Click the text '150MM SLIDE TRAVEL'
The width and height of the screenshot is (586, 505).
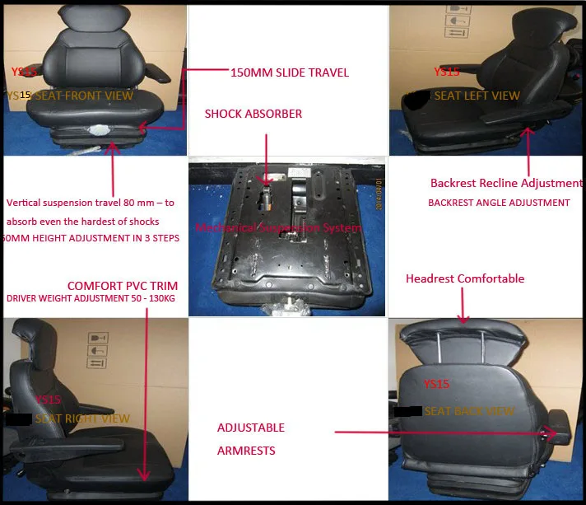290,72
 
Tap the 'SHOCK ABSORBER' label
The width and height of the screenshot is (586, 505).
253,114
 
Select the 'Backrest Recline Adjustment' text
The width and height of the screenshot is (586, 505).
506,183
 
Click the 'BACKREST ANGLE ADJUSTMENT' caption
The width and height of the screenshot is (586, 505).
499,203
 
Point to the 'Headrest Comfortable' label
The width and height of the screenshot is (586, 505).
465,278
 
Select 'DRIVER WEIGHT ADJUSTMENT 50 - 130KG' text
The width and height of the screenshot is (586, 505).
92,299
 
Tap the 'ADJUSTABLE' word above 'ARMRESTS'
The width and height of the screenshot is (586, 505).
251,428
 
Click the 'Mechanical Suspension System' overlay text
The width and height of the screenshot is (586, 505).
278,227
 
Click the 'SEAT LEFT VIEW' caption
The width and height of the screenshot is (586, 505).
477,96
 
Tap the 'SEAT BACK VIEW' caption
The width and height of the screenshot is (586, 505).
468,411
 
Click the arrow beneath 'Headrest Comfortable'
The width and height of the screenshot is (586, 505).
463,305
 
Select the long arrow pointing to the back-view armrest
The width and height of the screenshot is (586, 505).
444,431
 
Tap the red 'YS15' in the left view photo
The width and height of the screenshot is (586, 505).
446,72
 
